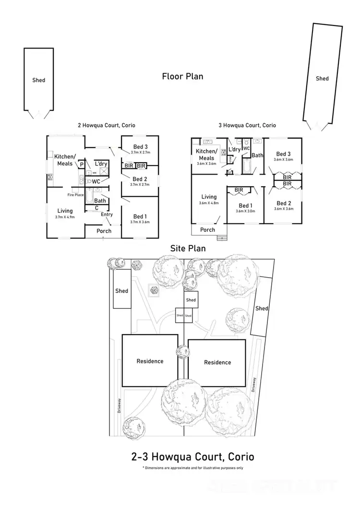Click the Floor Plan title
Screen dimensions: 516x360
[x=182, y=76]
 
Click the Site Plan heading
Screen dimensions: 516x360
[x=188, y=248]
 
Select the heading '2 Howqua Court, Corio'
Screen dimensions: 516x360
[x=107, y=125]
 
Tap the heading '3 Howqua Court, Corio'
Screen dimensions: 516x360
[x=247, y=125]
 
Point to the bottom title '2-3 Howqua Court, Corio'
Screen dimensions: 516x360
[x=192, y=457]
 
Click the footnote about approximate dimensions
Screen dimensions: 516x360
[x=192, y=468]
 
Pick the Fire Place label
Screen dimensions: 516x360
[x=75, y=195]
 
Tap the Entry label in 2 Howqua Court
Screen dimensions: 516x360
[x=107, y=214]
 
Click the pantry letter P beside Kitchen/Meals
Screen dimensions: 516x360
[x=82, y=164]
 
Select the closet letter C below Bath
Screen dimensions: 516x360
[x=96, y=208]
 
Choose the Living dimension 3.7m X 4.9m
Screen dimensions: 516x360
[x=65, y=217]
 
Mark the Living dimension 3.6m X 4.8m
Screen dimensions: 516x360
[x=209, y=203]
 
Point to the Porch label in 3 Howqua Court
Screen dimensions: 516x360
[x=207, y=230]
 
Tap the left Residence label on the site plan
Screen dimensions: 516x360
[x=150, y=361]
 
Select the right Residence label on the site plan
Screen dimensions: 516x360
[x=217, y=362]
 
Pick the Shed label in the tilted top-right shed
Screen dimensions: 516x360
[x=322, y=78]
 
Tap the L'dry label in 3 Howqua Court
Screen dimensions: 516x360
[x=235, y=150]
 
